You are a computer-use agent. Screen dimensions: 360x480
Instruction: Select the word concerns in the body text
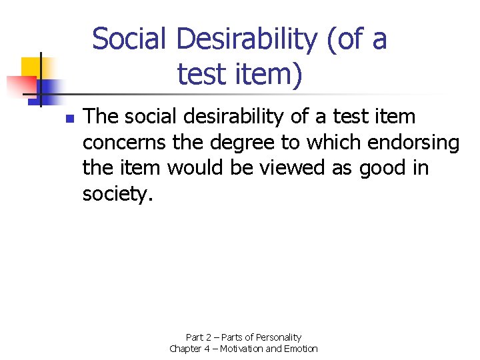pyautogui.click(x=124, y=143)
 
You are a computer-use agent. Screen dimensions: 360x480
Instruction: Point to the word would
pyautogui.click(x=197, y=169)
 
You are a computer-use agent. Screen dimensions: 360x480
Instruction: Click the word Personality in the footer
pyautogui.click(x=277, y=337)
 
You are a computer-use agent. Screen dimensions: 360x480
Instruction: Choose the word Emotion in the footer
pyautogui.click(x=302, y=349)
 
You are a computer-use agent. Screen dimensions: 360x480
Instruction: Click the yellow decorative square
pyautogui.click(x=31, y=67)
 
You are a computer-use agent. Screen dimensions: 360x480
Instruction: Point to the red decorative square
pyautogui.click(x=20, y=85)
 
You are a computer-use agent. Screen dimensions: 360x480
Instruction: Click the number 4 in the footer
pyautogui.click(x=210, y=349)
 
